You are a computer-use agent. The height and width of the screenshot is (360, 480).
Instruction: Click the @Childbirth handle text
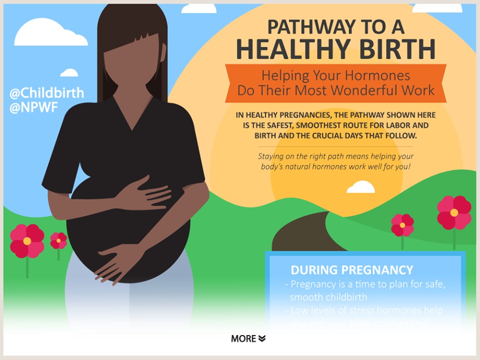[46, 93]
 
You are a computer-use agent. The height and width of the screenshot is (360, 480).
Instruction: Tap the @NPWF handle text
[34, 107]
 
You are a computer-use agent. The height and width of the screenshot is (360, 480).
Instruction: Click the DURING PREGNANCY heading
[352, 270]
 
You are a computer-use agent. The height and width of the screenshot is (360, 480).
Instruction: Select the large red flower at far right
[454, 212]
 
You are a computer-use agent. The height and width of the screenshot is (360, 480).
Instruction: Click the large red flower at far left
[27, 240]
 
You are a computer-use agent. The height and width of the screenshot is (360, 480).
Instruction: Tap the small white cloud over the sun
[360, 187]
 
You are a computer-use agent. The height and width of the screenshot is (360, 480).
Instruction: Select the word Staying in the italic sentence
[271, 156]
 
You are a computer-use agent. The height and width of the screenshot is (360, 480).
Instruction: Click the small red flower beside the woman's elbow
[58, 240]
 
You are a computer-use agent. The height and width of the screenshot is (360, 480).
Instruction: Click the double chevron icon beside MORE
[262, 338]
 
